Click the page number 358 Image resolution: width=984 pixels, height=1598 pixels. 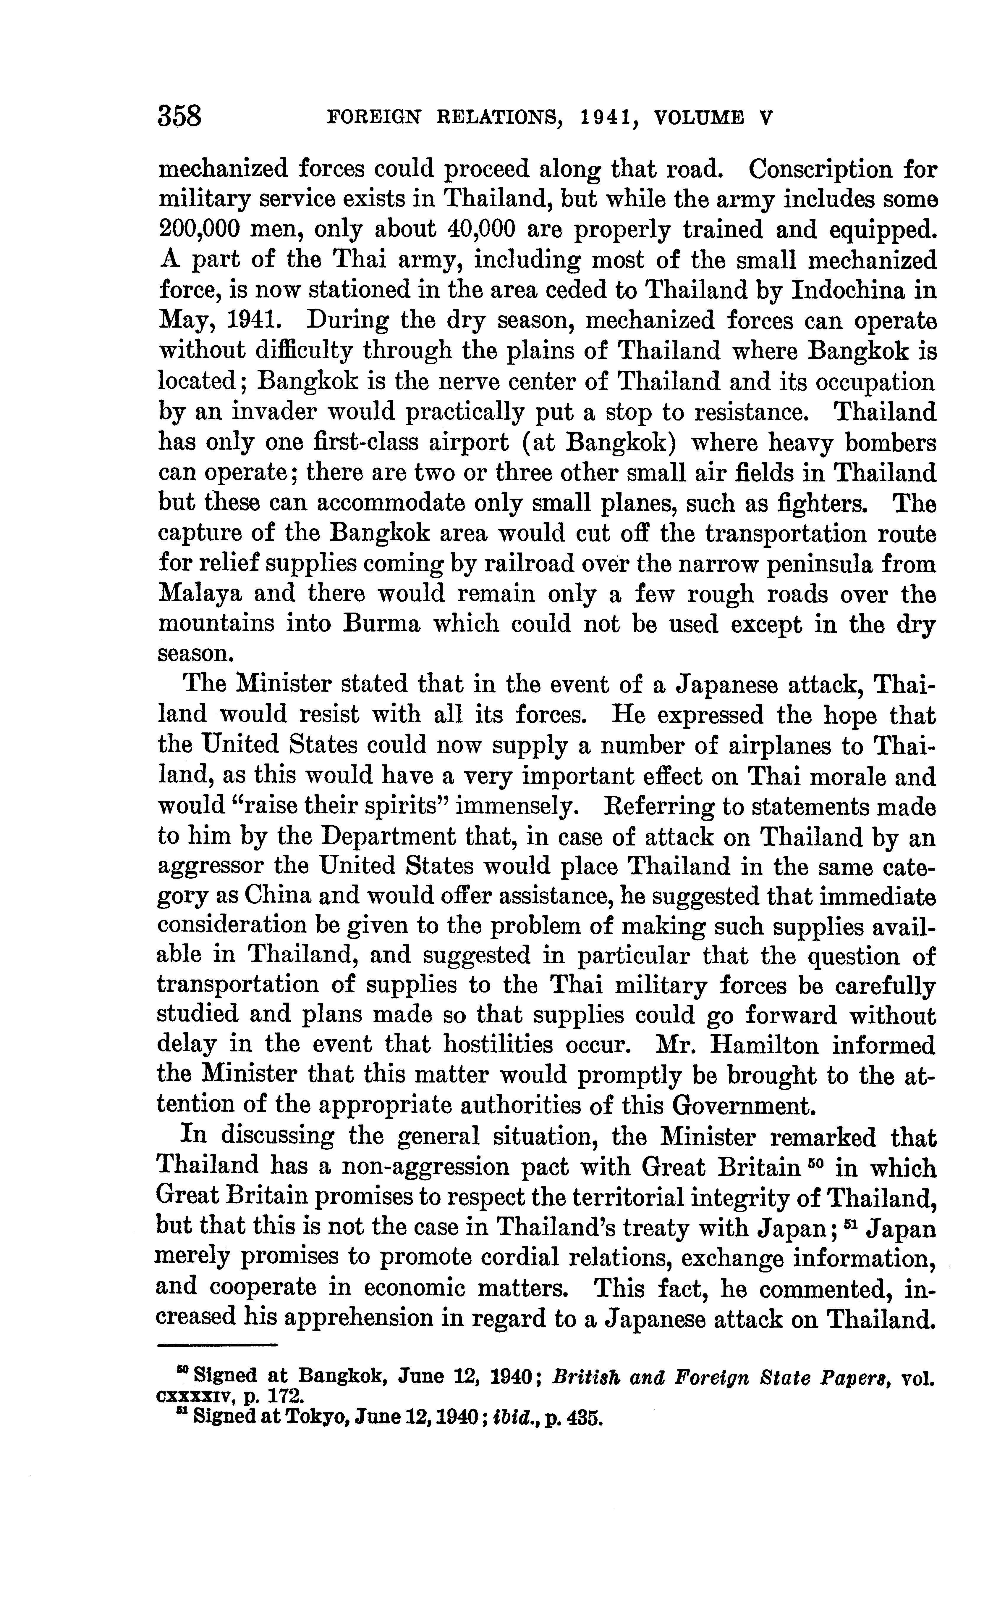(x=180, y=117)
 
